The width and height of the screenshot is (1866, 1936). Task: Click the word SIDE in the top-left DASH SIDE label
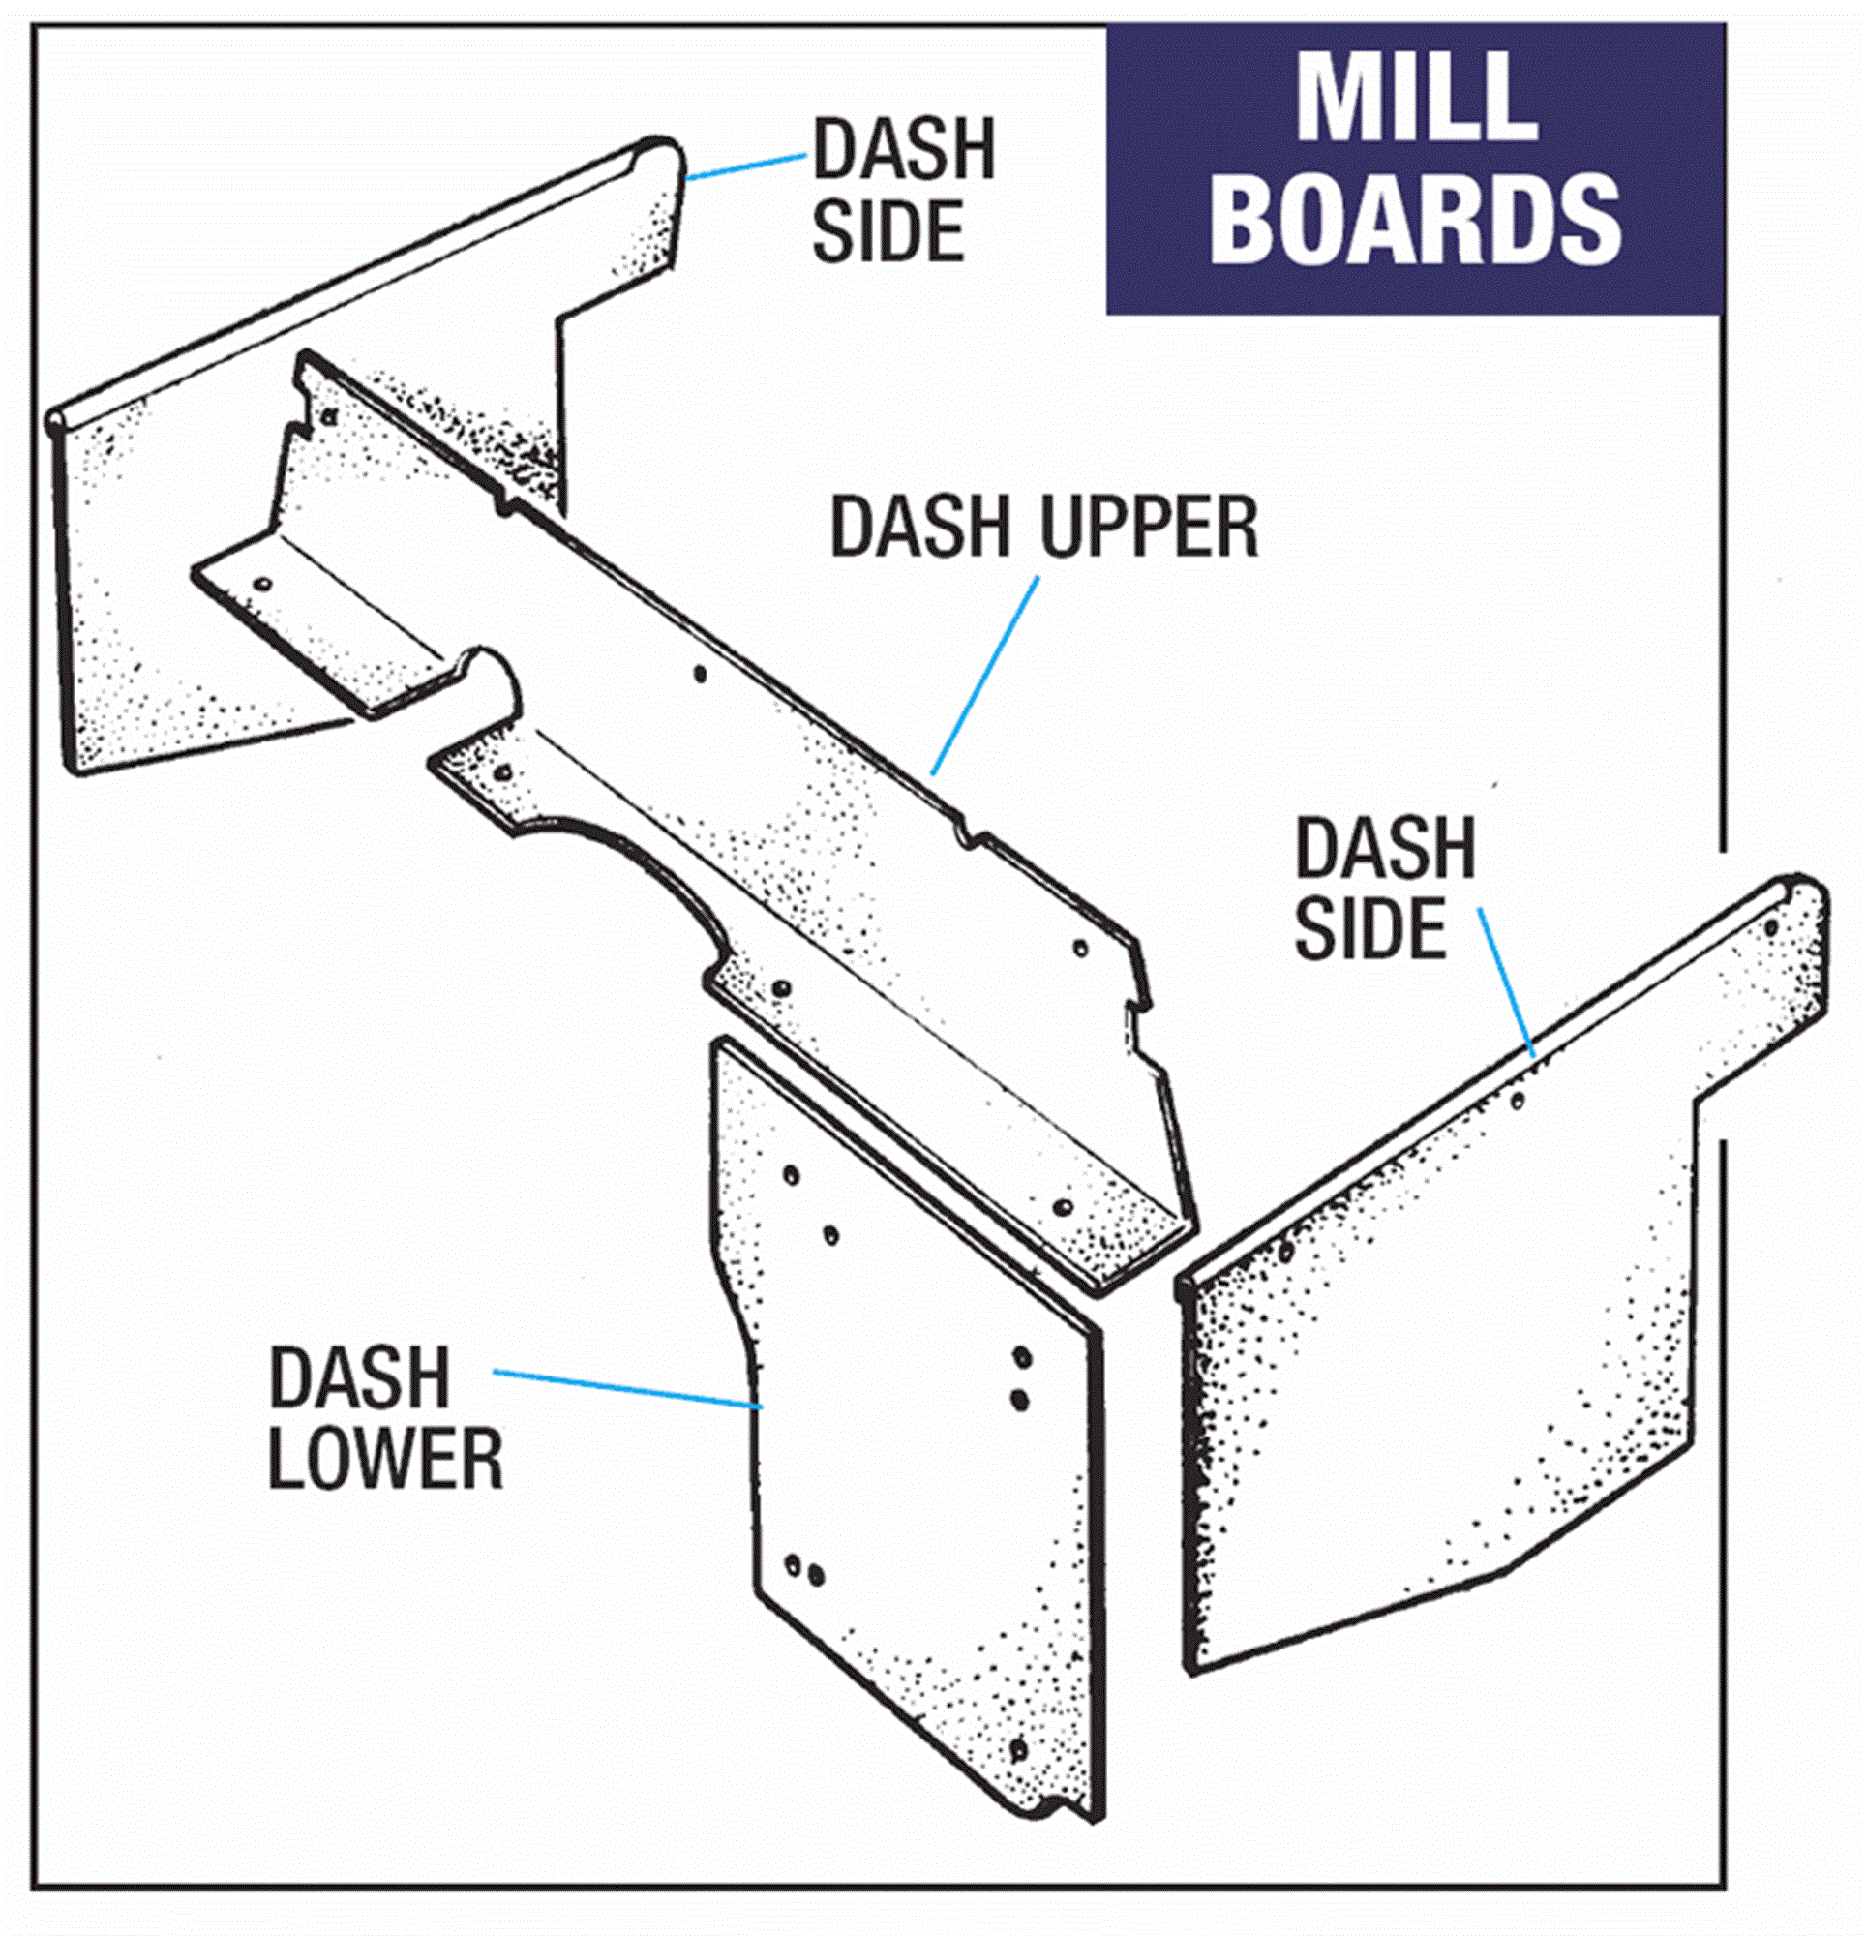coord(888,231)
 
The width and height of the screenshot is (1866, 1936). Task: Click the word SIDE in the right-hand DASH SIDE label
coord(1370,928)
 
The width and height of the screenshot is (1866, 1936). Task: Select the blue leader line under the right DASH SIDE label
coord(1505,983)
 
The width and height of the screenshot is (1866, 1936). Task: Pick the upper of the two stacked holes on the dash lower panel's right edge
coord(1022,1358)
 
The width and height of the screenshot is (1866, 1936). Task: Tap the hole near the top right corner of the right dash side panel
coord(1771,928)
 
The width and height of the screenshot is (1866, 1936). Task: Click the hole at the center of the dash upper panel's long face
coord(700,675)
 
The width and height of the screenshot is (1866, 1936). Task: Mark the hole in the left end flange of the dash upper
coord(262,584)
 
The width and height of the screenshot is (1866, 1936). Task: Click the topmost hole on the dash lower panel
coord(792,1174)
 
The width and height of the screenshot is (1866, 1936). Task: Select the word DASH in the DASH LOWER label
coord(360,1377)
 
